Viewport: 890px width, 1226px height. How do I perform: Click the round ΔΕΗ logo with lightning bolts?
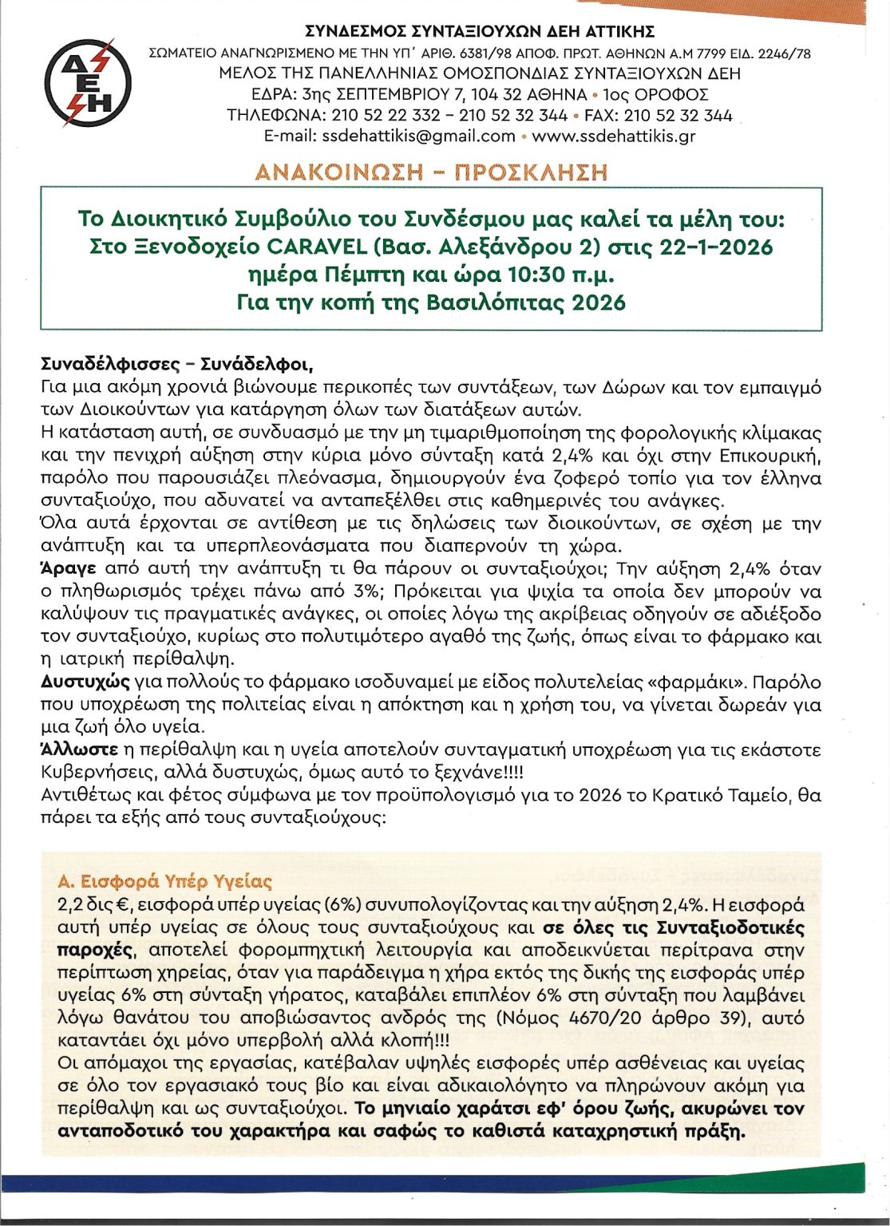click(x=89, y=82)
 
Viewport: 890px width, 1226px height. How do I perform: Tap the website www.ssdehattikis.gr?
click(x=614, y=136)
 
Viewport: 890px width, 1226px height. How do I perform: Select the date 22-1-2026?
click(x=717, y=247)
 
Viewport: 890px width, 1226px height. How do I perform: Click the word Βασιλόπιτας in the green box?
click(x=495, y=303)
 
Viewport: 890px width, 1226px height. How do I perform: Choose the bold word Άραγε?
click(x=69, y=569)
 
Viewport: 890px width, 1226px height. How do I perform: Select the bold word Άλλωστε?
click(x=77, y=750)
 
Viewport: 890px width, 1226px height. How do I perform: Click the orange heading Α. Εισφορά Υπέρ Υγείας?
click(x=165, y=882)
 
